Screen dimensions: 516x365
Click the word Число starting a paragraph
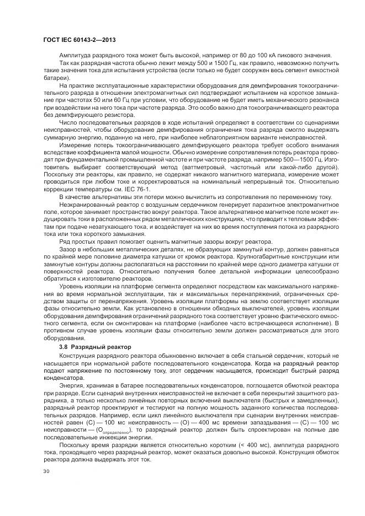[x=68, y=122]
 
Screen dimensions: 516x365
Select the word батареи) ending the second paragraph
[x=54, y=78]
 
